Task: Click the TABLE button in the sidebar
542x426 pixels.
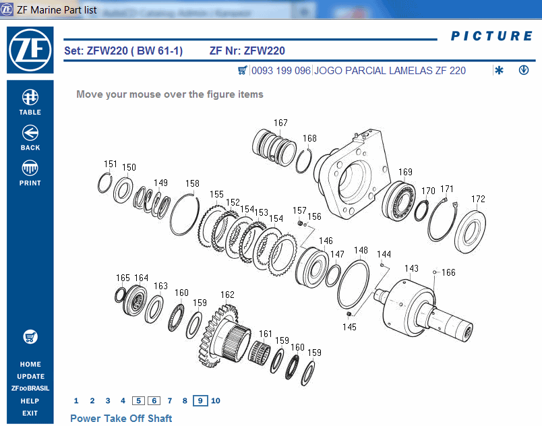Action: [x=30, y=102]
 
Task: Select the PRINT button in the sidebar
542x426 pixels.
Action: [x=30, y=173]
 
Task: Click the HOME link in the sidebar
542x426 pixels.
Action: [x=30, y=364]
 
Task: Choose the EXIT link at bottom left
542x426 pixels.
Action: [x=30, y=413]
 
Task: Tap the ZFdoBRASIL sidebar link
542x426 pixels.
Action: [x=30, y=388]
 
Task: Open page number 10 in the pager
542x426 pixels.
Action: [x=216, y=400]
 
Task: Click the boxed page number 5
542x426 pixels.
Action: [x=138, y=400]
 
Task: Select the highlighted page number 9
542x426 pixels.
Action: [x=200, y=400]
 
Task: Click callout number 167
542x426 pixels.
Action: [x=280, y=123]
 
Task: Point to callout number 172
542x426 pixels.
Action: [x=478, y=199]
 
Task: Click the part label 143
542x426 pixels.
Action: [x=411, y=268]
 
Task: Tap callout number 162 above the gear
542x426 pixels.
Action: [x=227, y=295]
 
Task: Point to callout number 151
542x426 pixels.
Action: [x=110, y=164]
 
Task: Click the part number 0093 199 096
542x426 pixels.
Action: [x=281, y=71]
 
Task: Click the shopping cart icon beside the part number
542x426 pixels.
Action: [x=243, y=71]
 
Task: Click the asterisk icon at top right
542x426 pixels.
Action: [x=499, y=71]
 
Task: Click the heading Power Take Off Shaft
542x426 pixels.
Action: [x=121, y=419]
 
